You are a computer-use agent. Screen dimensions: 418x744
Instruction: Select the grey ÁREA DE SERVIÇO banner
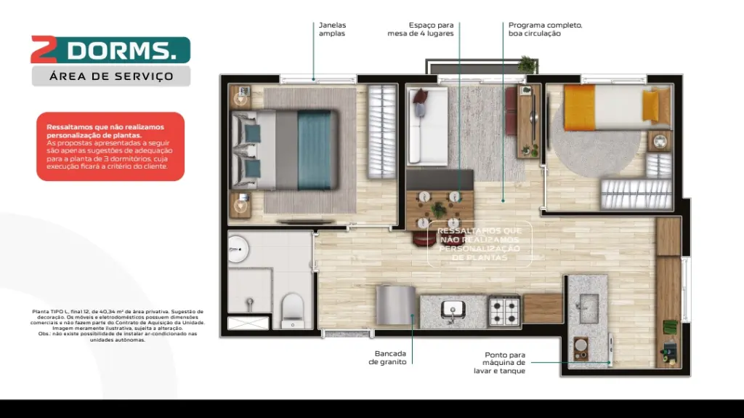click(110, 76)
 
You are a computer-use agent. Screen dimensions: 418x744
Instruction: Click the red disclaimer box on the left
click(110, 146)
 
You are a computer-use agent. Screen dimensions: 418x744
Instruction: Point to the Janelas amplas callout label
click(332, 29)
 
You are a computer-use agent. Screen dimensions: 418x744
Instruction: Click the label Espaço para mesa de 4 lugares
click(421, 29)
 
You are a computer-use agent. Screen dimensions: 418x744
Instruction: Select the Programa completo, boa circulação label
click(545, 29)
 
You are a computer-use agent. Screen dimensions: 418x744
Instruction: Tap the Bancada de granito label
click(387, 358)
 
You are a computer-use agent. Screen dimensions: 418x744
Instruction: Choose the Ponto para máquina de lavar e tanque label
click(504, 363)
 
